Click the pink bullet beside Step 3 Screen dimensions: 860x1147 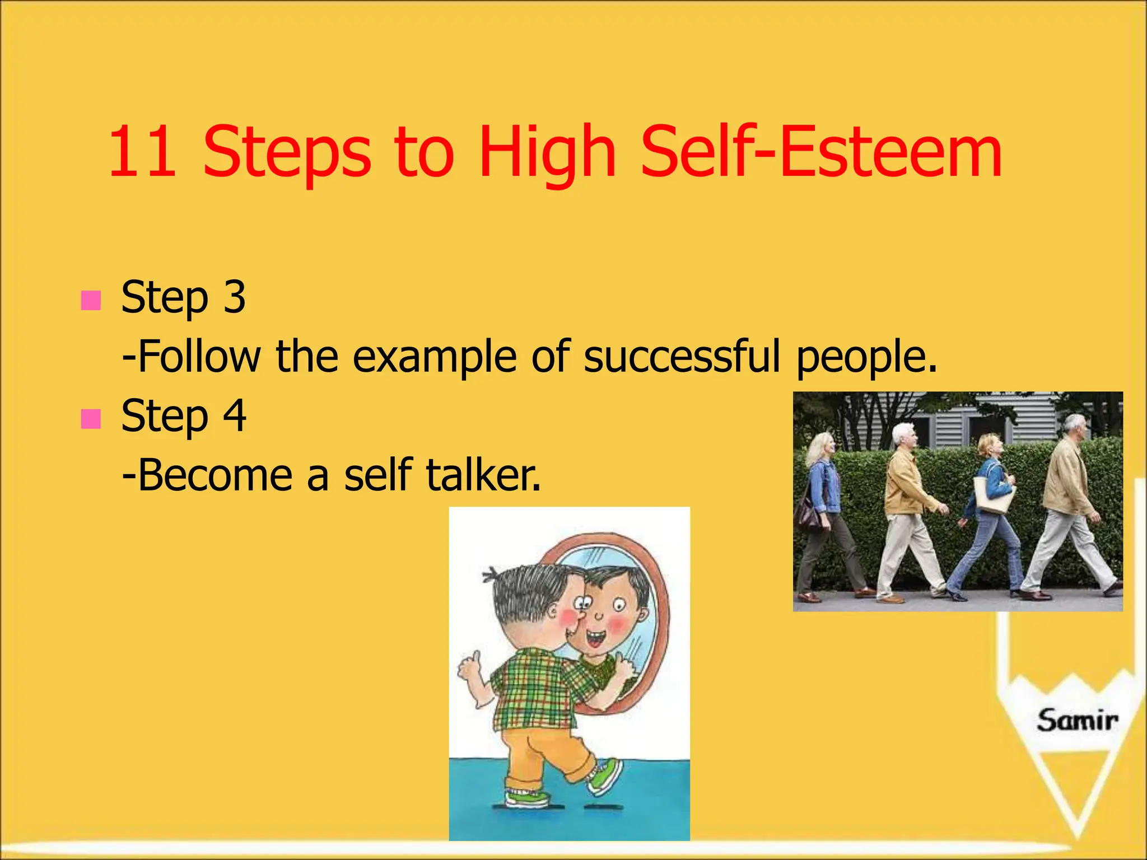90,300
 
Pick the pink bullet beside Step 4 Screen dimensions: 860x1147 90,418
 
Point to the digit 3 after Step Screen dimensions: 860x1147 234,297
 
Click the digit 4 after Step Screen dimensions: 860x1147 234,415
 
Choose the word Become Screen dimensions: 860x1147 215,475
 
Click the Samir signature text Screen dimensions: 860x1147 1076,720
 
